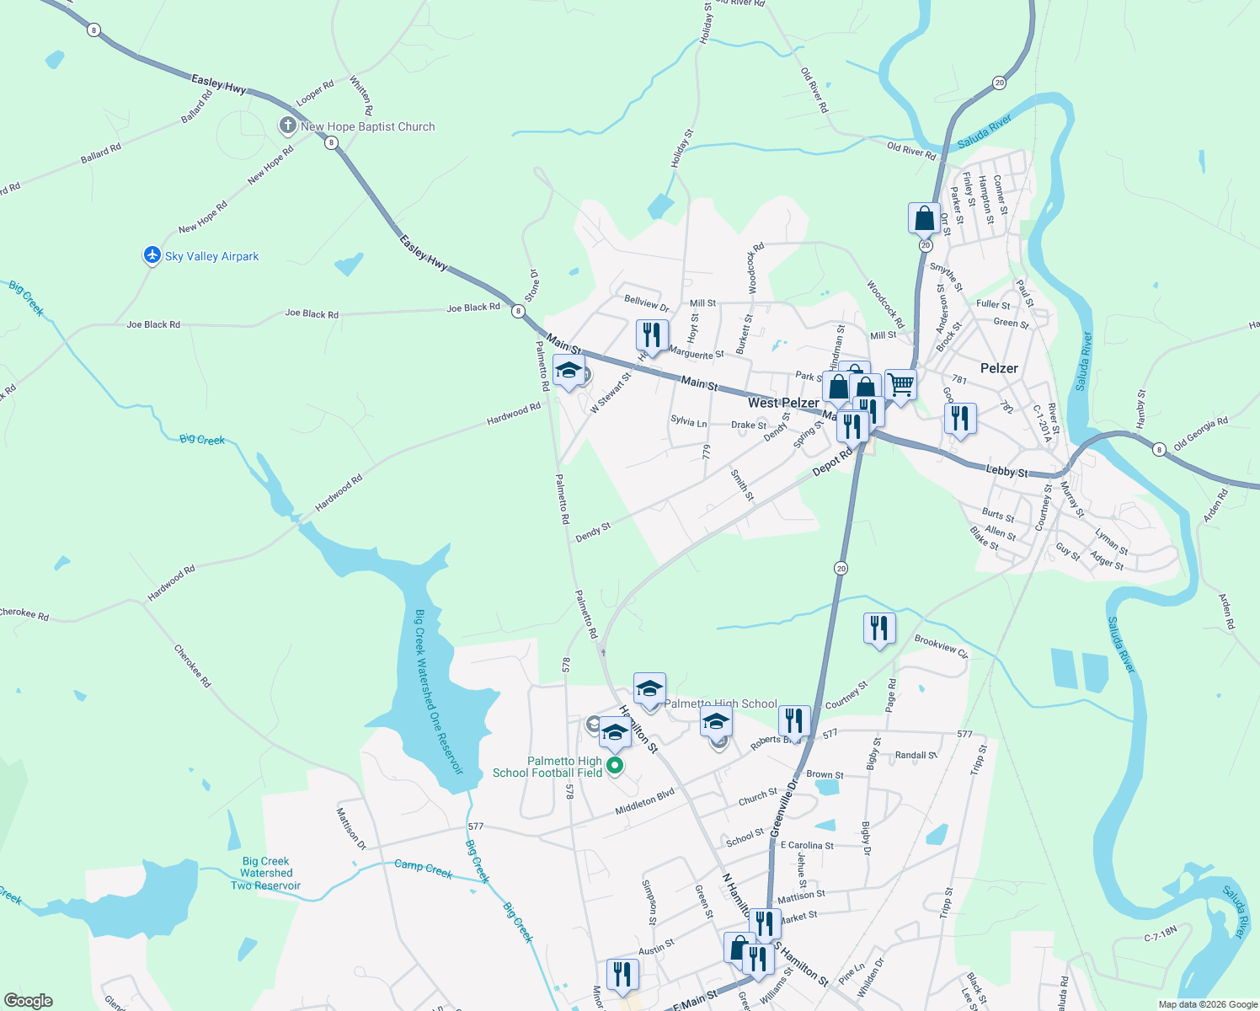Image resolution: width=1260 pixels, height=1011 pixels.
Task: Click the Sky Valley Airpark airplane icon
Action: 152,255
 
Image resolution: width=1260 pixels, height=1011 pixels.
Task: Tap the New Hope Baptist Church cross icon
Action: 288,126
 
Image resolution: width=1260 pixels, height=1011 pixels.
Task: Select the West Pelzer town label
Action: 783,403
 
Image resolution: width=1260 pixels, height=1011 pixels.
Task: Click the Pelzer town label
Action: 999,368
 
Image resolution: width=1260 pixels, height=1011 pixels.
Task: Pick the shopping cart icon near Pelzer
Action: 901,385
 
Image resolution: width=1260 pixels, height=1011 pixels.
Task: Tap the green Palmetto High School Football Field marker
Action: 615,765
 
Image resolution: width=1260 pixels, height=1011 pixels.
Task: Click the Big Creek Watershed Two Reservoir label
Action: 266,874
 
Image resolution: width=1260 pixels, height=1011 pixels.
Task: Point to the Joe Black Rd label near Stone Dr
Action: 473,308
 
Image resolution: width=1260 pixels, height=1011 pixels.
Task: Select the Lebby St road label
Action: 1006,471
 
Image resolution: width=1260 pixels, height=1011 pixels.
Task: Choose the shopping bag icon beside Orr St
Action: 924,218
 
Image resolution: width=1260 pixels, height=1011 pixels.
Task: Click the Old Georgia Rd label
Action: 1200,433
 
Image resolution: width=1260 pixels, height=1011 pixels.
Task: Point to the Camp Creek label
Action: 424,869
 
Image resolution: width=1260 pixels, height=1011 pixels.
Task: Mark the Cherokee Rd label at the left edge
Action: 24,613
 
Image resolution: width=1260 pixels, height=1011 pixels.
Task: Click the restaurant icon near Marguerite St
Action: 652,335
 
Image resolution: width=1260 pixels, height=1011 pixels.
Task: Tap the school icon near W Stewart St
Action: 569,371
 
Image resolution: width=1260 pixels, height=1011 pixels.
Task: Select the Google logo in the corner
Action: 29,1001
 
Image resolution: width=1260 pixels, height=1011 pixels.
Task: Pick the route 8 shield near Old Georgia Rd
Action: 1159,450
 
